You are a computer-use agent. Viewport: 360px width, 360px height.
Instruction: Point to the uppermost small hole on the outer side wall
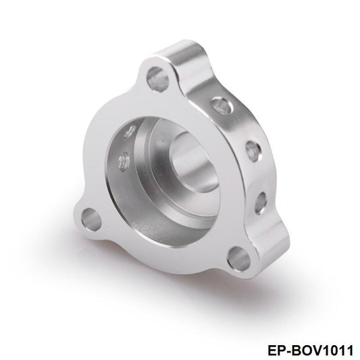(x=219, y=103)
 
